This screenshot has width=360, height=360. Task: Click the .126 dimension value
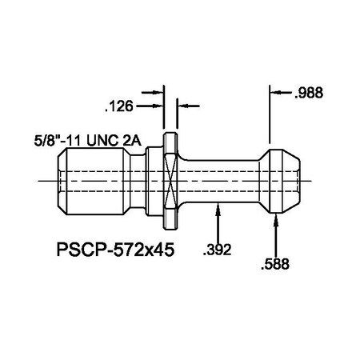(120, 105)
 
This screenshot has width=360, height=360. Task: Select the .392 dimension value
(218, 250)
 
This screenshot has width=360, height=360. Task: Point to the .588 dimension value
(275, 262)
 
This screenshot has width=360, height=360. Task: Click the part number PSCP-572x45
(115, 249)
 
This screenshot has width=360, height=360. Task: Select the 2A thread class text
(132, 140)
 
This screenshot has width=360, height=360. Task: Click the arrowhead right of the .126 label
(160, 105)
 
